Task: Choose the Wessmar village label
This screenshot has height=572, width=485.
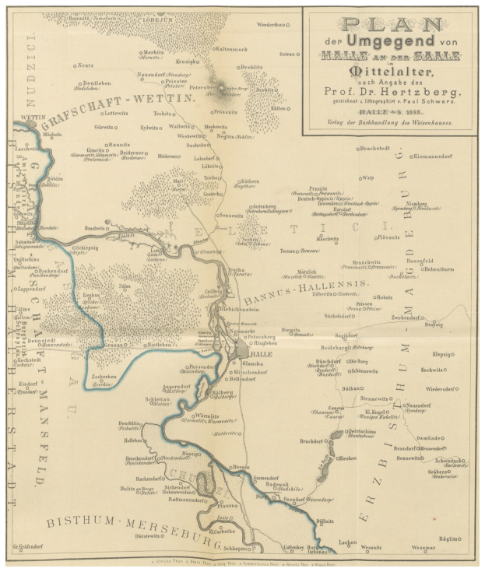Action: click(424, 548)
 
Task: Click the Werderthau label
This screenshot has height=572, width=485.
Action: click(273, 25)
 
